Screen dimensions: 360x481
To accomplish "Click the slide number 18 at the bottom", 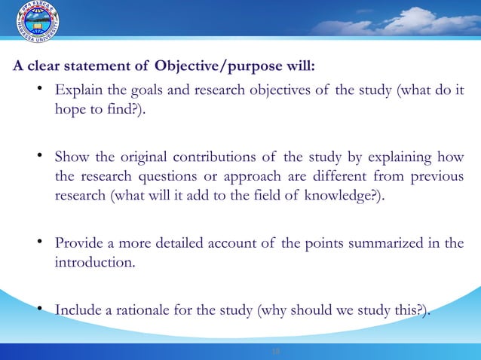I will [274, 351].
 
